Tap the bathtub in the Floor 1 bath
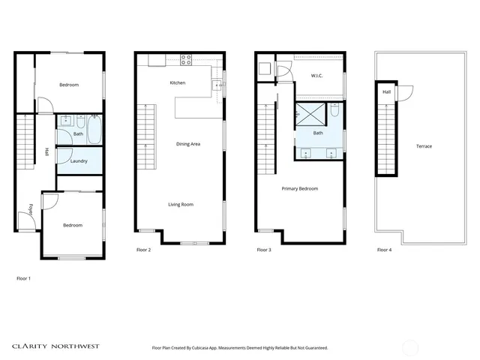point(94,130)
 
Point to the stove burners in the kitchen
point(185,59)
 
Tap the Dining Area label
point(187,143)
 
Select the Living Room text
point(181,204)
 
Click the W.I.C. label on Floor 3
point(317,75)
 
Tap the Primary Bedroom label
point(300,188)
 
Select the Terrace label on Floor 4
point(423,145)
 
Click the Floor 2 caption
point(144,249)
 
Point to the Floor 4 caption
point(384,249)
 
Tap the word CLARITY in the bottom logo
point(31,347)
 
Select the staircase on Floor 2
point(145,131)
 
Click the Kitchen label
point(178,82)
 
